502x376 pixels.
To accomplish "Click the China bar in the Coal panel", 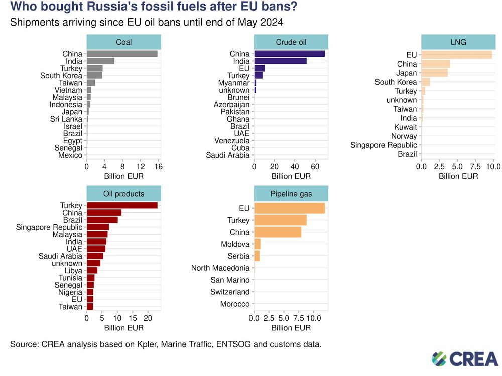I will coord(122,54).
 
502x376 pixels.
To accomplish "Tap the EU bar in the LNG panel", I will coord(456,55).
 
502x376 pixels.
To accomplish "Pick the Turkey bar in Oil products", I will coord(122,205).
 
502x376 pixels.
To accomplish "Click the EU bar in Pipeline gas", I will coord(289,208).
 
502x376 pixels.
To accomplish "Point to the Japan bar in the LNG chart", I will coord(434,73).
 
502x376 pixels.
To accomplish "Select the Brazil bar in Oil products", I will coord(102,220).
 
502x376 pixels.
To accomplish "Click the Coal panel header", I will coord(123,42).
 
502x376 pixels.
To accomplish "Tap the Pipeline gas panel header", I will coord(291,194).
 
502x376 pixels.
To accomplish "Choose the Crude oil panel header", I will coord(291,42).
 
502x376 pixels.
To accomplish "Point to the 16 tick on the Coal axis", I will coord(158,166).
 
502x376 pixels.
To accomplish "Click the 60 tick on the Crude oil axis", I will coord(315,166).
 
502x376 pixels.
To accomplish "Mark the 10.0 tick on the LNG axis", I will coord(493,166).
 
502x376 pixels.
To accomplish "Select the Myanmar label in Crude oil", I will coord(233,83).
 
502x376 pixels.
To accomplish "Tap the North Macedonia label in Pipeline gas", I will coord(220,268).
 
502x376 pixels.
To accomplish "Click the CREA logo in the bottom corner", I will coord(465,358).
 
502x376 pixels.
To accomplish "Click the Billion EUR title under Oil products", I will coord(123,328).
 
